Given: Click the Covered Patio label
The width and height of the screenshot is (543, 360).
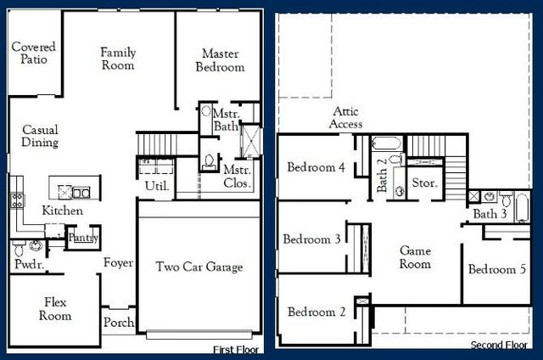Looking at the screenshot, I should point(34,53).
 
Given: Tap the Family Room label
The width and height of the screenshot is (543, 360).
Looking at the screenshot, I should point(118,59).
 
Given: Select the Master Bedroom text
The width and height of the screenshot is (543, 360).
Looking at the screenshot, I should point(220,60).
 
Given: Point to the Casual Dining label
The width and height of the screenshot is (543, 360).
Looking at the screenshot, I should point(40,136).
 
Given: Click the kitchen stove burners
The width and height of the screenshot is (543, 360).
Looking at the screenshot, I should point(15,200).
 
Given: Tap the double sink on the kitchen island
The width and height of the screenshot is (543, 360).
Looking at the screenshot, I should point(80,192).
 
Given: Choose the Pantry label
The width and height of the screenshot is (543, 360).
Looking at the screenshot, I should point(83,238).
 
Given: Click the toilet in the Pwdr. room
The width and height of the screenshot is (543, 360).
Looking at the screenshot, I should point(35,246).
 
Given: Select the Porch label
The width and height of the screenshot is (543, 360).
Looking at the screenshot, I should point(118,323).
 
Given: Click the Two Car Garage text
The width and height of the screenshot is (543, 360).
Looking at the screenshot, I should point(199,267).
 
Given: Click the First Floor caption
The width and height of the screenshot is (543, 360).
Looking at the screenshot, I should point(236,349).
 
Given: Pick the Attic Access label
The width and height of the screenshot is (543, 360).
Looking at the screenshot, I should point(347,118).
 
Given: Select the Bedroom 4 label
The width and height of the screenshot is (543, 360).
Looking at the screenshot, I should point(315,167).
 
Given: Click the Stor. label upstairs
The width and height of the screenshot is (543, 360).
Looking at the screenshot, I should point(423,183).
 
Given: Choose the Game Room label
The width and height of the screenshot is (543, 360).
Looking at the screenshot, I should point(415,257).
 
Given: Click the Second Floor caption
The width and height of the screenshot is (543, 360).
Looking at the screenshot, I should point(499,346).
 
